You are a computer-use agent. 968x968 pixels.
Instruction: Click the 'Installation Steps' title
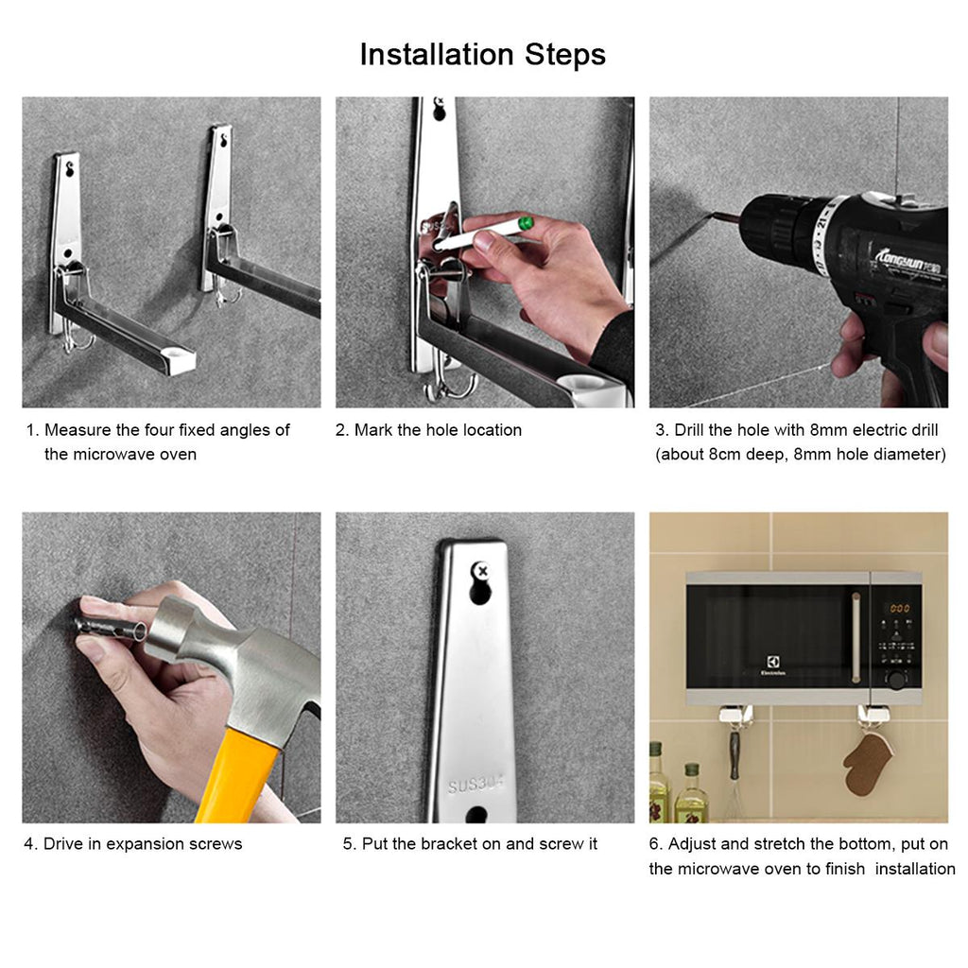tap(483, 54)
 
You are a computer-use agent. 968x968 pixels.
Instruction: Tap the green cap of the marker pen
tap(526, 223)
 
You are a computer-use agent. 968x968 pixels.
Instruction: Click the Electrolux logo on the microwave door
tap(773, 665)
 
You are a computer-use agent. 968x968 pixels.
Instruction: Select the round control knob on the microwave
tap(896, 680)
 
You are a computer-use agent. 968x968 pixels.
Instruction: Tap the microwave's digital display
tap(900, 608)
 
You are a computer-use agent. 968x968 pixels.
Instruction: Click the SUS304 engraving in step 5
tap(475, 784)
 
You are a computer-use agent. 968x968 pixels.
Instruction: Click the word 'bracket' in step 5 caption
tap(449, 844)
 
